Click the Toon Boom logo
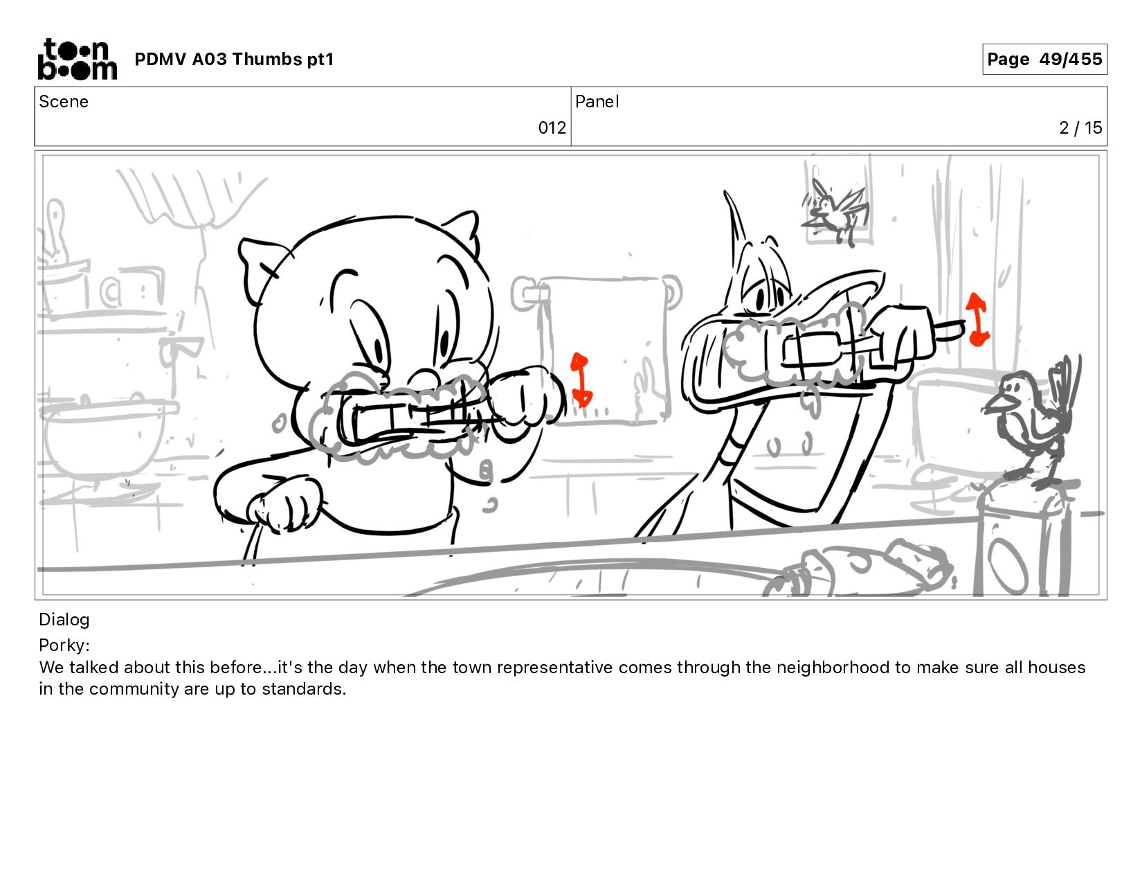[78, 59]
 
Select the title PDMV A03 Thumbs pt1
[234, 59]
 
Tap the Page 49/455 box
[1044, 59]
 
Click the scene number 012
[552, 128]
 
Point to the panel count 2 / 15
[1080, 128]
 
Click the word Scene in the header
[64, 102]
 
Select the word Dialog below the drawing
[64, 620]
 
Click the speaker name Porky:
[64, 645]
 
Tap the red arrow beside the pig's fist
[581, 380]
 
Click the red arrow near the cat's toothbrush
[977, 320]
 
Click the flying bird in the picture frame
[835, 211]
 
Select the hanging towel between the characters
[604, 350]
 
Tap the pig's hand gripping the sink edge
[284, 508]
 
